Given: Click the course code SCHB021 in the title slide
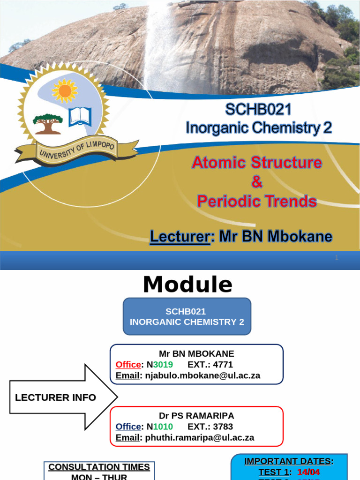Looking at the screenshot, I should [258, 109].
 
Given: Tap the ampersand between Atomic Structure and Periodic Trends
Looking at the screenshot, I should [257, 182].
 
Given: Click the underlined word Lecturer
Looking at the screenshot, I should [179, 237].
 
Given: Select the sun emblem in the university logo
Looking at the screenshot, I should [65, 90].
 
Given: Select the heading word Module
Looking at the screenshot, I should [187, 285].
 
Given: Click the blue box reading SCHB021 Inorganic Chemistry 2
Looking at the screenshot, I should [187, 317].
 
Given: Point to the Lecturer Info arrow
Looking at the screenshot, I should [63, 397].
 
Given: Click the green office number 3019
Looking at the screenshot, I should [163, 365].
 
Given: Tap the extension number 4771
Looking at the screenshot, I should [223, 365].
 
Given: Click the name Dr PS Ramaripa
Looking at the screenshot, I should [196, 416].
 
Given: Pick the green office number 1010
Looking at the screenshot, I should [163, 427].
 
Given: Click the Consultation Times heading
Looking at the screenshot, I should [99, 467].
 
